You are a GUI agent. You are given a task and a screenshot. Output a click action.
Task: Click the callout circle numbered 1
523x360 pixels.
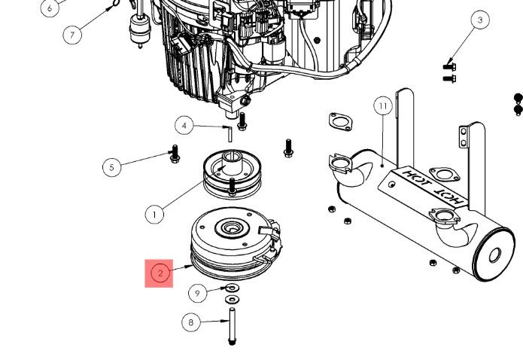click(154, 215)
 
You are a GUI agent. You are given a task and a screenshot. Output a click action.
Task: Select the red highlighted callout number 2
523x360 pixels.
click(160, 273)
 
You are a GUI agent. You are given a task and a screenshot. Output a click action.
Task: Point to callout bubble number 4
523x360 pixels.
click(185, 125)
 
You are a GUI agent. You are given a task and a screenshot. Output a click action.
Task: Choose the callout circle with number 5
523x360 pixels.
click(112, 166)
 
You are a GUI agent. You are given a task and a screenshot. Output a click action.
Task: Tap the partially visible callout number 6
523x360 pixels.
click(50, 8)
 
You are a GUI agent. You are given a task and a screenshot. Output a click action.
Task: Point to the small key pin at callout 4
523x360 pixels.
click(229, 133)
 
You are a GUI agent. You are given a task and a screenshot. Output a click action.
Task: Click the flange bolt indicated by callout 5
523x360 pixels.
click(174, 155)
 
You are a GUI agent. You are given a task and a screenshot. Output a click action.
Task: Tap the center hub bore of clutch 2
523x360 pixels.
click(227, 227)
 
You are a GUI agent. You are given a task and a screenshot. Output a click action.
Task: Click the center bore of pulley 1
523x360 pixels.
click(230, 160)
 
